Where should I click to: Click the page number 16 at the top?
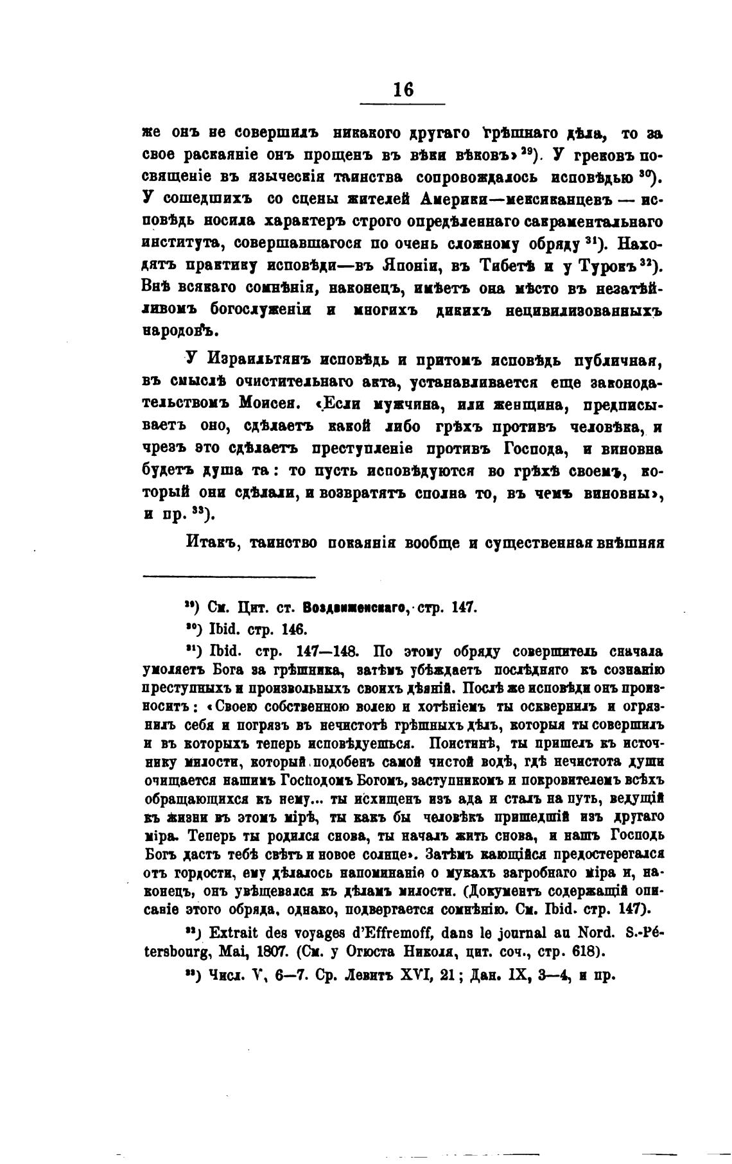coord(403,89)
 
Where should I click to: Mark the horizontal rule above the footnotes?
coord(229,577)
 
